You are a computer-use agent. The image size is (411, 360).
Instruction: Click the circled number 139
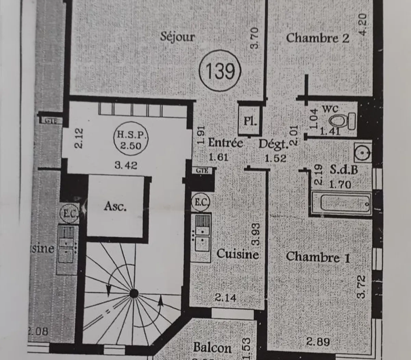[220, 71]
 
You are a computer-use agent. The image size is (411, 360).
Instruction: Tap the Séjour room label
[177, 37]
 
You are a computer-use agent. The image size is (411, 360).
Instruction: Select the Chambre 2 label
[317, 38]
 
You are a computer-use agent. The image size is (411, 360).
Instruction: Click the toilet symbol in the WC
[343, 120]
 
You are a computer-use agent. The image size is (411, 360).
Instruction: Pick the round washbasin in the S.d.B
[363, 152]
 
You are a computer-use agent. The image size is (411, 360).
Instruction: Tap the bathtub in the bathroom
[341, 203]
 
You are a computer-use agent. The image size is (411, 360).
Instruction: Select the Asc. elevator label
[115, 206]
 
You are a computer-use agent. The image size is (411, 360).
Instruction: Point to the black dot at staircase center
[134, 293]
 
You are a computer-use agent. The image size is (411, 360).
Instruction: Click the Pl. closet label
[250, 121]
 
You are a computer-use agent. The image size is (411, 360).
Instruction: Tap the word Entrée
[226, 143]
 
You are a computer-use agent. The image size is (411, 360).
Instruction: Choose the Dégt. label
[273, 144]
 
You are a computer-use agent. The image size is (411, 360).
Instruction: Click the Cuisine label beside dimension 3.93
[237, 254]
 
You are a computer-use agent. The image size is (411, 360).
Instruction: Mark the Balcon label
[212, 347]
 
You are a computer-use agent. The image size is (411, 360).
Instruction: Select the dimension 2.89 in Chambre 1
[318, 341]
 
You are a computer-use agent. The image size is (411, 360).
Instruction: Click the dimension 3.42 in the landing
[126, 165]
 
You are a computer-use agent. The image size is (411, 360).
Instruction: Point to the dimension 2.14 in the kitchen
[225, 298]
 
